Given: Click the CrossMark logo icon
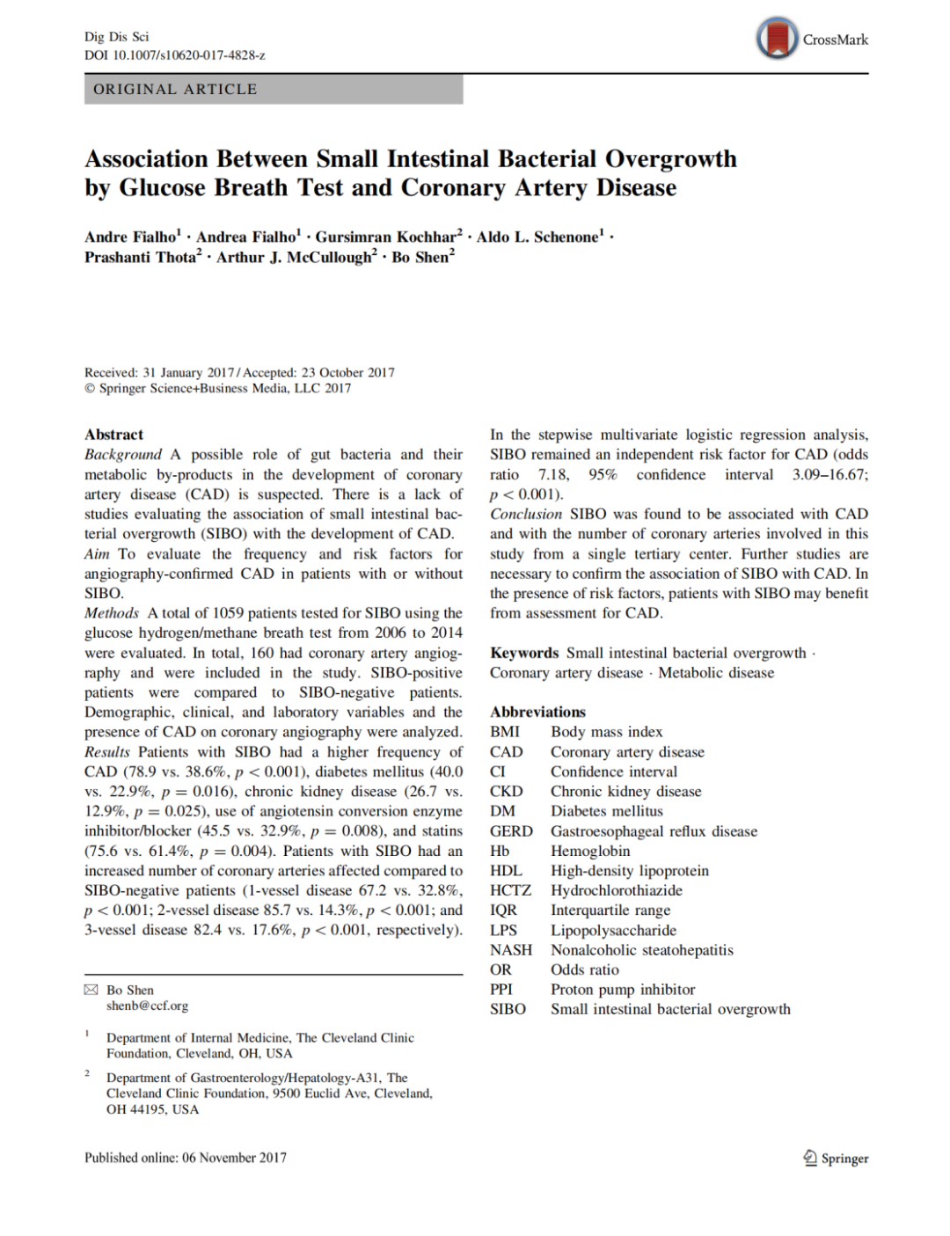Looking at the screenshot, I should pyautogui.click(x=777, y=39).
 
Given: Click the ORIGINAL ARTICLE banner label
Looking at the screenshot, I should pyautogui.click(x=175, y=90).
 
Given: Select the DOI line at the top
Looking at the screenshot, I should pyautogui.click(x=175, y=55).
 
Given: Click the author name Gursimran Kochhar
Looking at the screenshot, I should pyautogui.click(x=386, y=238).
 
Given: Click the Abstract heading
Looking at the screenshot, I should pyautogui.click(x=113, y=435).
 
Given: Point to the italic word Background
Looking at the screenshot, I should pyautogui.click(x=123, y=455).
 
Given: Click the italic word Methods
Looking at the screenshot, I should pyautogui.click(x=112, y=613).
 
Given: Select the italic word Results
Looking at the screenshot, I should pyautogui.click(x=107, y=752).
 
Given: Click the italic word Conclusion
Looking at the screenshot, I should pyautogui.click(x=526, y=514).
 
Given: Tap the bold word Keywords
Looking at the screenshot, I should pyautogui.click(x=524, y=653).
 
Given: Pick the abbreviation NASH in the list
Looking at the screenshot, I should pyautogui.click(x=511, y=950).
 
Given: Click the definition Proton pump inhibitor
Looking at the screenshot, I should pyautogui.click(x=623, y=990).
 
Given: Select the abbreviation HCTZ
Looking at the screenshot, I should pyautogui.click(x=511, y=890).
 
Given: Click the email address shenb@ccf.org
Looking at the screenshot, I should pyautogui.click(x=147, y=1006).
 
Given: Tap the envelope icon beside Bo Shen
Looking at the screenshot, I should pyautogui.click(x=91, y=990).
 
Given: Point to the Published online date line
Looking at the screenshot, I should pyautogui.click(x=186, y=1158).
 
